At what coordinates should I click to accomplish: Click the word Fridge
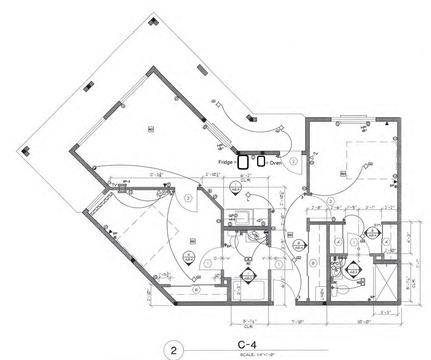point(225,163)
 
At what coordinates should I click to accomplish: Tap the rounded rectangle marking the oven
point(261,162)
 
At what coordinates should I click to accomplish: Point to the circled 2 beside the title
point(174,351)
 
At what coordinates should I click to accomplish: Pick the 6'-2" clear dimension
point(246,175)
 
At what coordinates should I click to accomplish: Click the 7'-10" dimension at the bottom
point(298,322)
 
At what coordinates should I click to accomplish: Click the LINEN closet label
point(322,293)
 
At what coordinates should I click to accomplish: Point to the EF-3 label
point(126,182)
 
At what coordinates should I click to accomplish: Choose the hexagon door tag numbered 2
point(293,161)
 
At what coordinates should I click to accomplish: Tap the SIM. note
point(377,225)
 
